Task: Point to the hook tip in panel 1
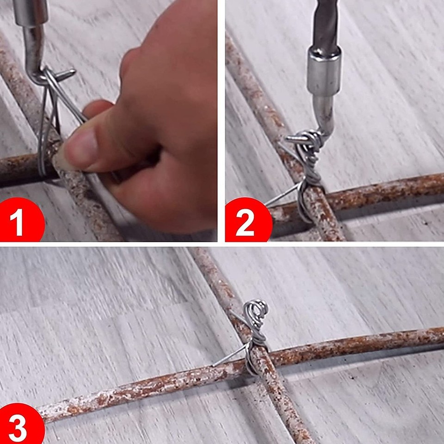73,71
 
